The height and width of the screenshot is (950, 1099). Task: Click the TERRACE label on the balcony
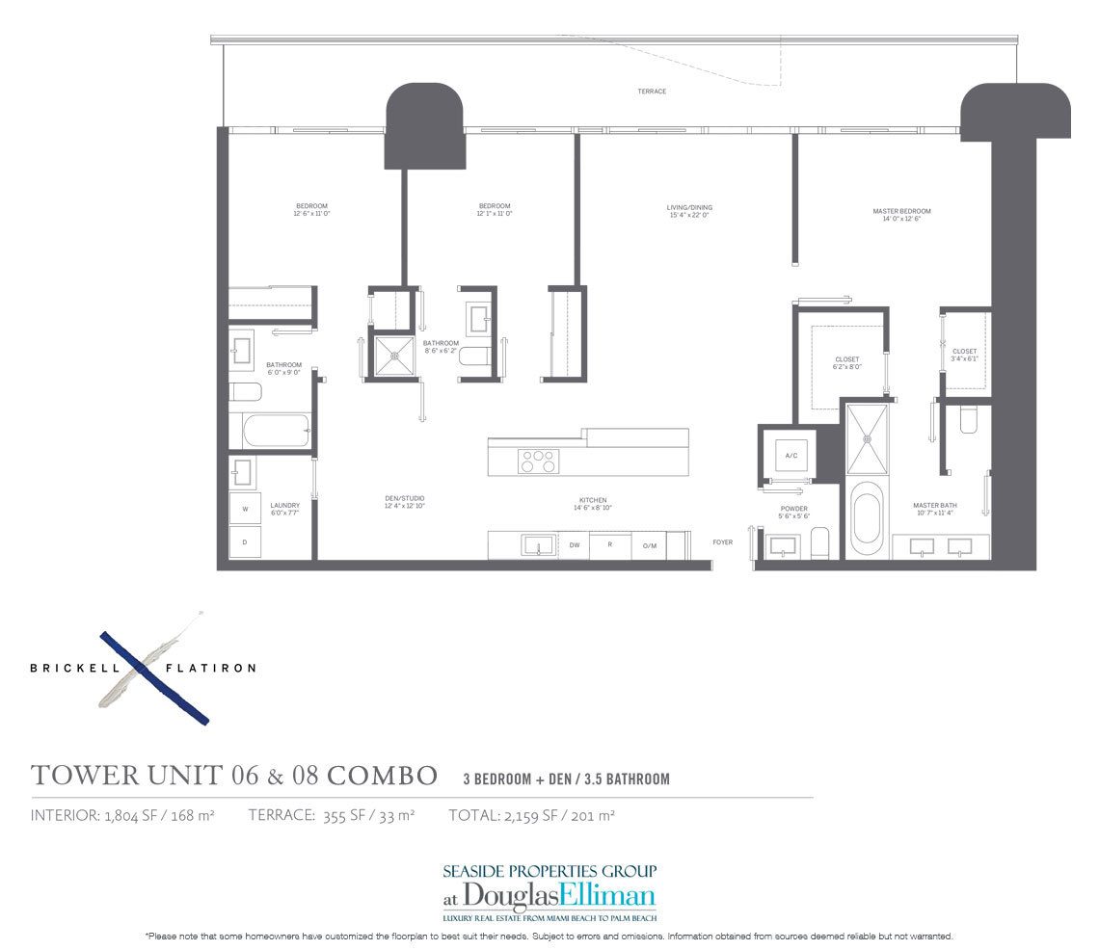[652, 92]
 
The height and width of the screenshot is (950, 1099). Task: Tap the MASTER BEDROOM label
[901, 211]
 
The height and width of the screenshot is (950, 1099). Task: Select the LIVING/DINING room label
[688, 207]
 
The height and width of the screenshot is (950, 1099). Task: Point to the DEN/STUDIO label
[405, 501]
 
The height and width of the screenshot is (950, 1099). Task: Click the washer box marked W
[245, 508]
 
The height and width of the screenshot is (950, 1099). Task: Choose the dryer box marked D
[245, 541]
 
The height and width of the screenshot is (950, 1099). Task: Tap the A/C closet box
[791, 455]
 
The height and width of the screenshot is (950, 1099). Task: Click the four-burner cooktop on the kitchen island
[538, 461]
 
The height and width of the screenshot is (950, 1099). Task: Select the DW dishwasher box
[574, 545]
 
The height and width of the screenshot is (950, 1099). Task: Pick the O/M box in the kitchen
[650, 545]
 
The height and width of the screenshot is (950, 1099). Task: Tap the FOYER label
[723, 542]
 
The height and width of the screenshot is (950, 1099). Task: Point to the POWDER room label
[794, 509]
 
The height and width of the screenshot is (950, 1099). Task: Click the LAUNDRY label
[284, 505]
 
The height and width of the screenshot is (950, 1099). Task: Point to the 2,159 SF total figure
[528, 815]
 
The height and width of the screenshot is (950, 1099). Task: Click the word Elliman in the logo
[607, 894]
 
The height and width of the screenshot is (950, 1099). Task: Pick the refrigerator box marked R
[610, 545]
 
